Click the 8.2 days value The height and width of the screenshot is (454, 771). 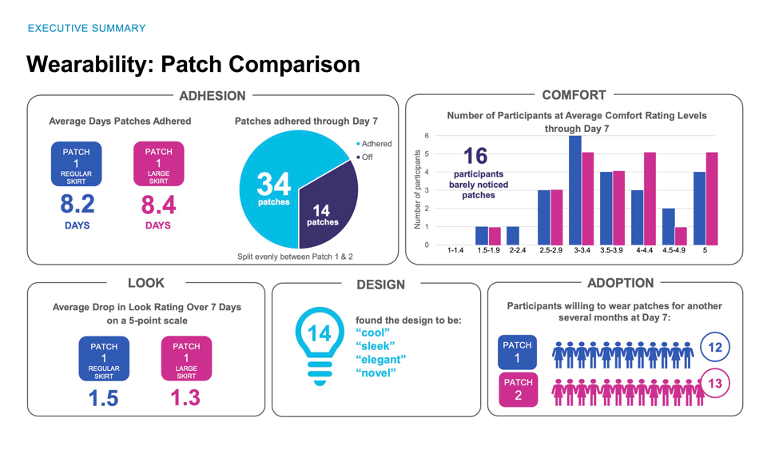coord(77,205)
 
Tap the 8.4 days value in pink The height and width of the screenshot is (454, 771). coord(158,205)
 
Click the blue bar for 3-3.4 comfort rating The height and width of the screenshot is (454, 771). coord(575,190)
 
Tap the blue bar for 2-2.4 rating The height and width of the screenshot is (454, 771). coord(513,236)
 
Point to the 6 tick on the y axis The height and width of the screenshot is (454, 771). coord(427,136)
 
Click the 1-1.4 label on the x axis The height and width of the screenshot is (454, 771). coord(455,251)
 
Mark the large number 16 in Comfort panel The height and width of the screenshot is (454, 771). coord(475,155)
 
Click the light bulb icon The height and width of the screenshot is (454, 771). coord(320,344)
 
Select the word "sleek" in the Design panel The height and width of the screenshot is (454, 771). coord(372,345)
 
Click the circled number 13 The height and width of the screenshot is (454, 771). coord(714,384)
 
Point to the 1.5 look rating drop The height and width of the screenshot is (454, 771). coord(104,396)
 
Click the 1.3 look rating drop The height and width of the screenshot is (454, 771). coord(185,396)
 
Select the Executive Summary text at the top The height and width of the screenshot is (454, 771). coord(86,28)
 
